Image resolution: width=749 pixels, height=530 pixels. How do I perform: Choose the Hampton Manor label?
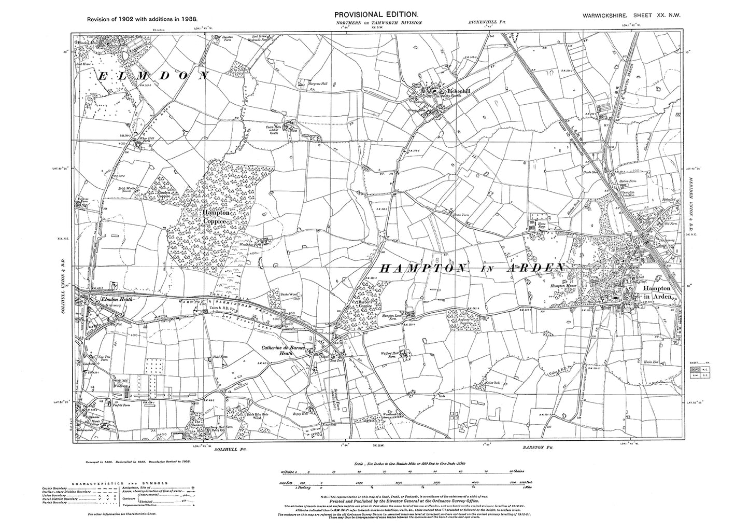coord(563,286)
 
